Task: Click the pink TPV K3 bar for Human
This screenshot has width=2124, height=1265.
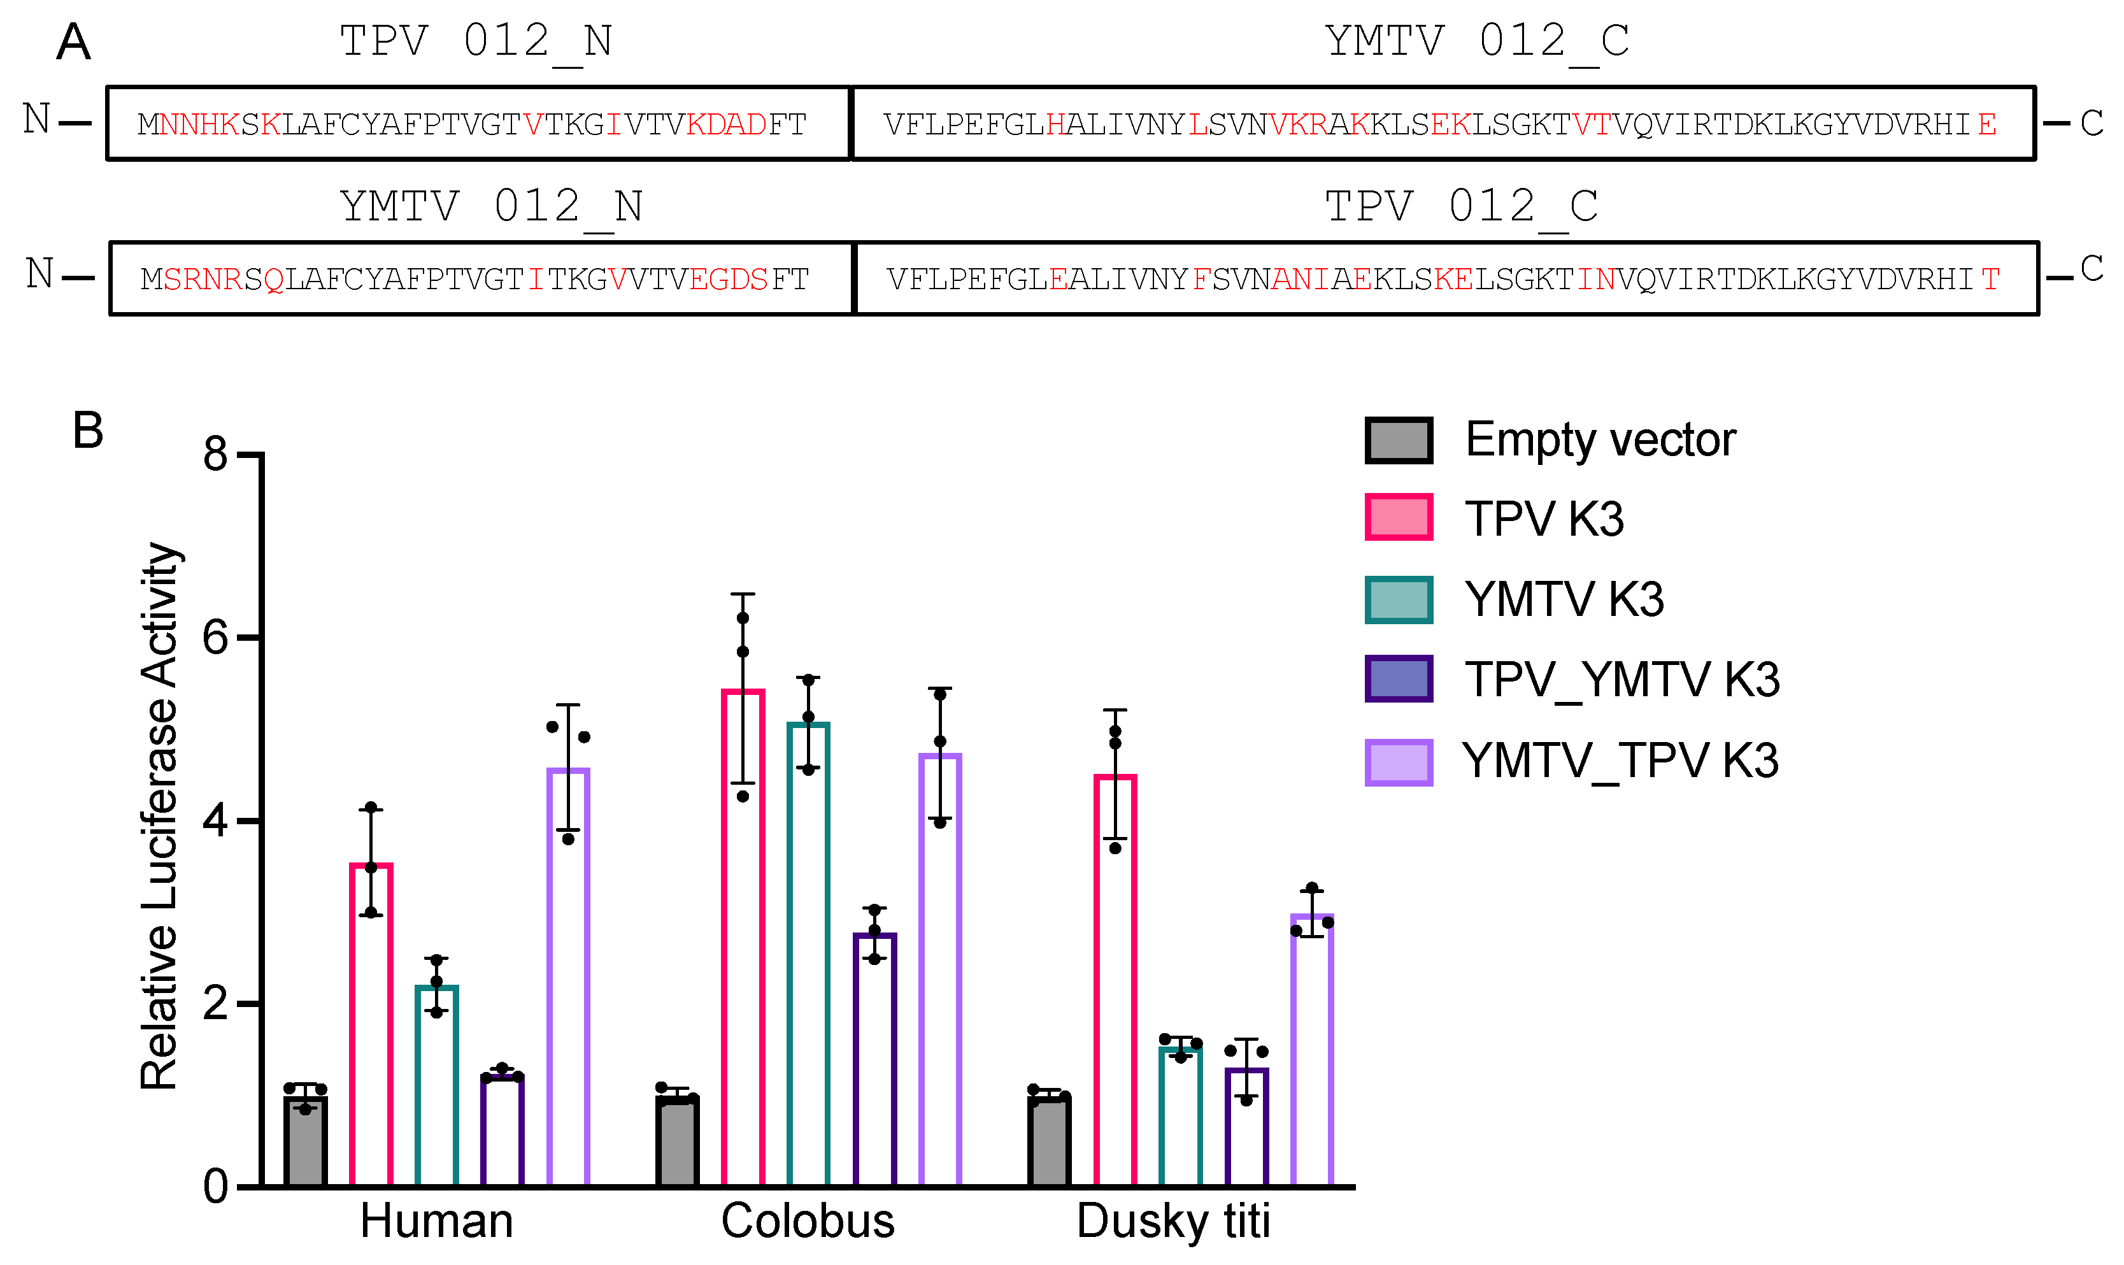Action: pyautogui.click(x=371, y=1023)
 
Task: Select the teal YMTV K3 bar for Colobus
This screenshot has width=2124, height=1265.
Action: pyautogui.click(x=808, y=955)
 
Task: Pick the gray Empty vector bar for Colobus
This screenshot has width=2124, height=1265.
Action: pyautogui.click(x=677, y=1141)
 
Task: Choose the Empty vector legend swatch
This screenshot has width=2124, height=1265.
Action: pyautogui.click(x=1399, y=441)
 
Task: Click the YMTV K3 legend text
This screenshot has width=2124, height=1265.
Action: pyautogui.click(x=1564, y=599)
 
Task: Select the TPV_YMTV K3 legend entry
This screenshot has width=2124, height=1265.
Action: pyautogui.click(x=1621, y=680)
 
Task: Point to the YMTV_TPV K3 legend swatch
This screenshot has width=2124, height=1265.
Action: pyautogui.click(x=1399, y=762)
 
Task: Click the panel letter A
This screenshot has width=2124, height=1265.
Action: pyautogui.click(x=73, y=42)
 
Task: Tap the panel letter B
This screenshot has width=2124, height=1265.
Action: pyautogui.click(x=88, y=431)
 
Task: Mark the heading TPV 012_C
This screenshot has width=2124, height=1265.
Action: pyautogui.click(x=1461, y=207)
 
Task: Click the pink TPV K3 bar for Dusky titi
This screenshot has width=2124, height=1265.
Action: pyautogui.click(x=1115, y=980)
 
